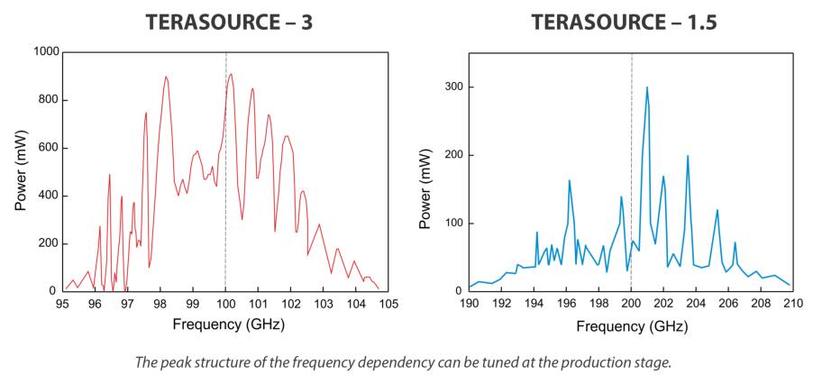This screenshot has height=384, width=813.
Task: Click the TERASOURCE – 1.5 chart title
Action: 625,22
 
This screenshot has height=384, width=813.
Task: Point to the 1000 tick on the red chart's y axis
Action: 44,52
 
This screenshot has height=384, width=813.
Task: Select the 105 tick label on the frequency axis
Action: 388,304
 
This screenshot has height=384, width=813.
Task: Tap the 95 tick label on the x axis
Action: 61,304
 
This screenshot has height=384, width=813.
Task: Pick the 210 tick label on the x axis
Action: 793,304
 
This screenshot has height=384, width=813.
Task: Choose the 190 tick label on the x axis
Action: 469,304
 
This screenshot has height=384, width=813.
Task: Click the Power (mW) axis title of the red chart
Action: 21,172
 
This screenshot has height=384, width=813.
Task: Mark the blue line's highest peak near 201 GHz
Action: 646,87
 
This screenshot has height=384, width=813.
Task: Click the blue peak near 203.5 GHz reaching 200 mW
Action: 688,156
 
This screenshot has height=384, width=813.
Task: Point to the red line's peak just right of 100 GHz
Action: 231,74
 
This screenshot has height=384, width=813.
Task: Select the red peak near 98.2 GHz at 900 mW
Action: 166,77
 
